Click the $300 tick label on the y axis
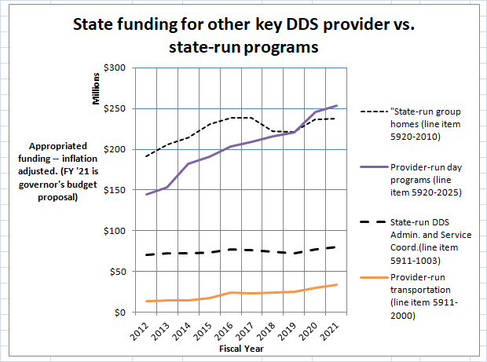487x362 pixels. (115, 68)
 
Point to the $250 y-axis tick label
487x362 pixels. (115, 108)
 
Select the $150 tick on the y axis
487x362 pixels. (115, 190)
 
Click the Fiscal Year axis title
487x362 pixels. (241, 348)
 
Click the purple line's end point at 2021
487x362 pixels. (338, 105)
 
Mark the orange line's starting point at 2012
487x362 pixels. (146, 302)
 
